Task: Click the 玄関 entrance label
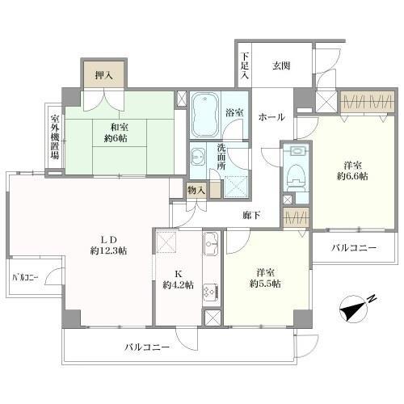(280, 66)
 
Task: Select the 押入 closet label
(104, 74)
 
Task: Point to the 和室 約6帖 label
(112, 131)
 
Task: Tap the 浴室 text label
(235, 114)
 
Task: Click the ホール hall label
(271, 117)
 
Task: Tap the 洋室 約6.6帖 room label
(352, 169)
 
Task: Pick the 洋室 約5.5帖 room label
(264, 278)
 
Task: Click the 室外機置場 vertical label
(54, 137)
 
